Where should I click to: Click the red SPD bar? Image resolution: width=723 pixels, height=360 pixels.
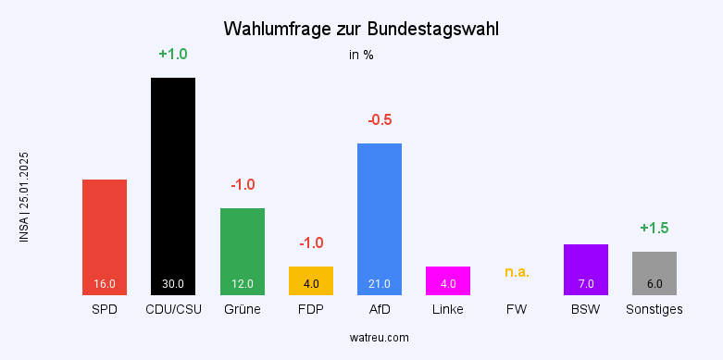click(x=105, y=237)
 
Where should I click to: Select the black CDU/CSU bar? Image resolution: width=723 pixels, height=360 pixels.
click(x=173, y=185)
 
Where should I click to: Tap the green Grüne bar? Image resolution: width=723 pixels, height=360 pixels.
click(x=242, y=250)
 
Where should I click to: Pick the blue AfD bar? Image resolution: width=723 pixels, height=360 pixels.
click(x=380, y=218)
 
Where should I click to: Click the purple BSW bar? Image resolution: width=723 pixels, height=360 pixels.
click(x=585, y=269)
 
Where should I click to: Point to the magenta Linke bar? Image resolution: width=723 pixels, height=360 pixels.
click(x=448, y=280)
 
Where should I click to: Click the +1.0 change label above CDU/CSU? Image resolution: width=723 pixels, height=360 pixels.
click(x=173, y=55)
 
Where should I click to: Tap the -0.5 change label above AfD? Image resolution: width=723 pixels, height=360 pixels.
click(x=380, y=120)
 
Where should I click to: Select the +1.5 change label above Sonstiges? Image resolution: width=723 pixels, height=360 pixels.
click(x=654, y=228)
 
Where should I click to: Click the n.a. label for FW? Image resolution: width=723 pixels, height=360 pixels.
click(x=517, y=272)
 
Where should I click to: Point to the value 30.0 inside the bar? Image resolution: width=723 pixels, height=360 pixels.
click(x=173, y=284)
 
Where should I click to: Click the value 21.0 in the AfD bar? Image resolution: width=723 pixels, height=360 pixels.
click(x=380, y=284)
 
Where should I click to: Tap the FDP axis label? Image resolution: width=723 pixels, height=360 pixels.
click(x=311, y=309)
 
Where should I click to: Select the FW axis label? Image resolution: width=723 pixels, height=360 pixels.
click(x=517, y=309)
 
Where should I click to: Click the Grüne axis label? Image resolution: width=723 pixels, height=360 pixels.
click(x=242, y=309)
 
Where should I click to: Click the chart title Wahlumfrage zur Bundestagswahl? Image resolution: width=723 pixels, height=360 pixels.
click(x=361, y=30)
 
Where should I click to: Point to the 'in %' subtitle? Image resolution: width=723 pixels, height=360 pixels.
click(x=361, y=55)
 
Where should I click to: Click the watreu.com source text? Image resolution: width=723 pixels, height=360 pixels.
click(x=361, y=338)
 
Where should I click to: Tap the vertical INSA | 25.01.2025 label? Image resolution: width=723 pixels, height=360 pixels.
click(x=24, y=197)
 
